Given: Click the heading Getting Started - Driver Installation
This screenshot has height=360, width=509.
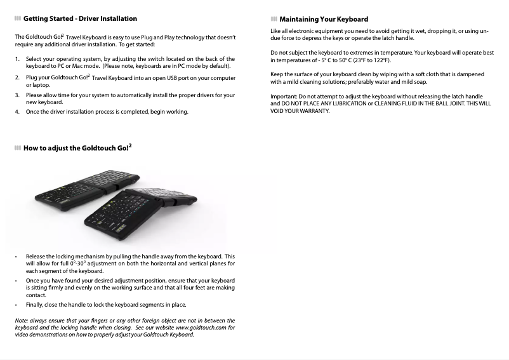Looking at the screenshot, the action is (80, 19).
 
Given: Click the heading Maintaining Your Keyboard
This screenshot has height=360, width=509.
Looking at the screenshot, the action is (323, 19).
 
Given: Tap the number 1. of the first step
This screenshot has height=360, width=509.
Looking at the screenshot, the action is (17, 59).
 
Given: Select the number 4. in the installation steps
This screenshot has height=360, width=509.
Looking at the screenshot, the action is (17, 112).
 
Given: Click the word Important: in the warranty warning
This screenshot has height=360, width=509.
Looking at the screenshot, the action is (284, 97).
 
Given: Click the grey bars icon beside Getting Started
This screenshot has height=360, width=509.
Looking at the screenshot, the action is (18, 19).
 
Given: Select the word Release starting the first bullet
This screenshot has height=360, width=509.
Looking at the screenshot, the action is (39, 257).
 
